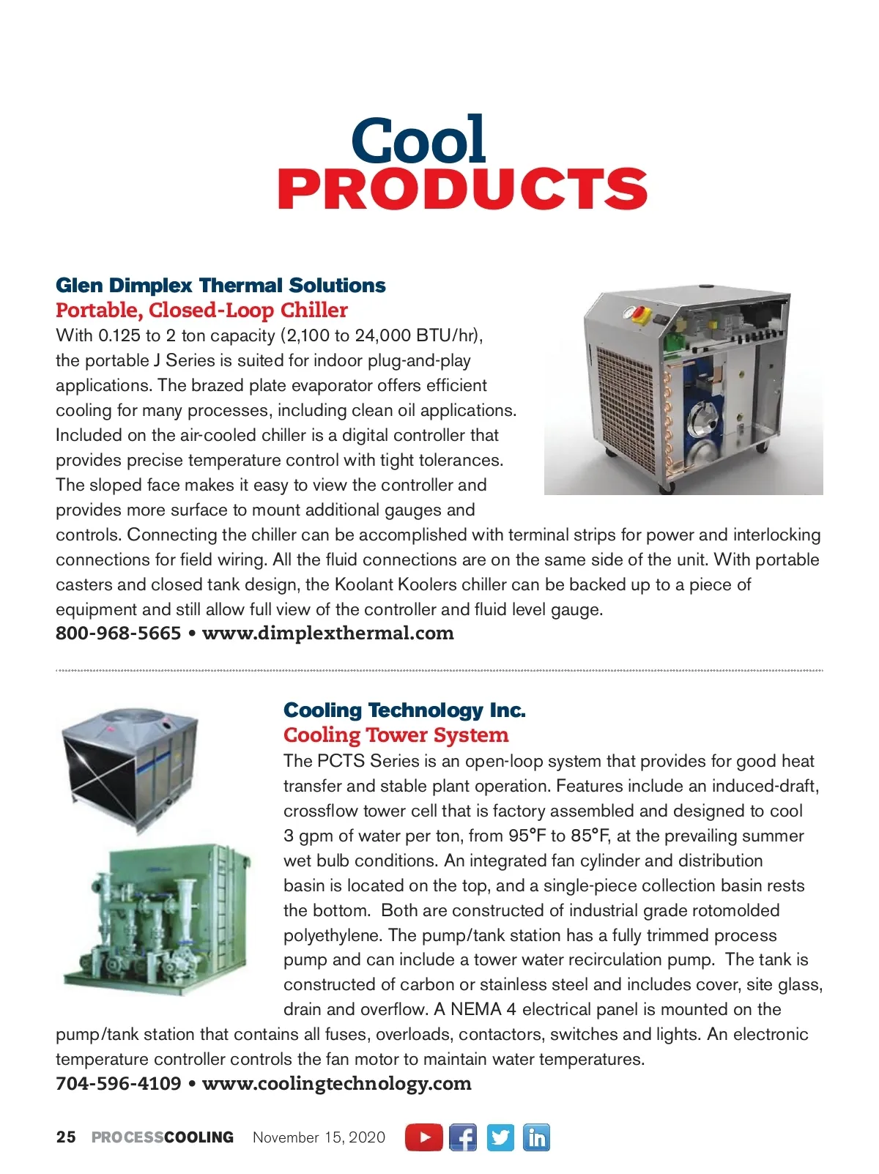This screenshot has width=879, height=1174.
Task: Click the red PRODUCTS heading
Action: point(462,189)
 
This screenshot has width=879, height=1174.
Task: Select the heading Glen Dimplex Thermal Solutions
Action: point(220,285)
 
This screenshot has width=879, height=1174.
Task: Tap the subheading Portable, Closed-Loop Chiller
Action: point(201,310)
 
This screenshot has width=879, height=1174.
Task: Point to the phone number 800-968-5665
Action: point(118,633)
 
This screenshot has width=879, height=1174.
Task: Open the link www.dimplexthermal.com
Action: point(327,633)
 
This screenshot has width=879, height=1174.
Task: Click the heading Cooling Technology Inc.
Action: point(404,710)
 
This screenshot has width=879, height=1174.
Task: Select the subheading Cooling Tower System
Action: point(396,735)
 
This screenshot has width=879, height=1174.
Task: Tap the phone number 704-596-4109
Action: point(118,1083)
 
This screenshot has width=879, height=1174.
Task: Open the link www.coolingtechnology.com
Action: point(336,1083)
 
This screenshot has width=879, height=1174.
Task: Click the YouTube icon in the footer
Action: point(424,1137)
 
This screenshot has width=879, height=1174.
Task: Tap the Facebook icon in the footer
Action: point(462,1137)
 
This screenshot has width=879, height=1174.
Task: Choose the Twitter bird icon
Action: point(500,1137)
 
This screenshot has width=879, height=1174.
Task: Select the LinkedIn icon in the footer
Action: point(537,1137)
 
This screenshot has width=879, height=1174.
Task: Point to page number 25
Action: point(66,1137)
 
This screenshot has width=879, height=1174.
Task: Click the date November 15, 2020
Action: point(319,1137)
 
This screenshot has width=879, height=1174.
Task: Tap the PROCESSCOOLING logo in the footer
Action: point(163,1137)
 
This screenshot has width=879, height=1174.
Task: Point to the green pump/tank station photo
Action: point(155,919)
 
